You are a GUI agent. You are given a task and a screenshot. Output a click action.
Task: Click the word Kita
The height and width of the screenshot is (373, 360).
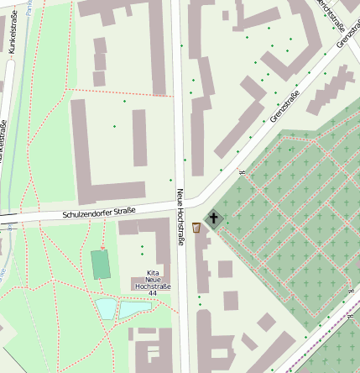click(x=153, y=273)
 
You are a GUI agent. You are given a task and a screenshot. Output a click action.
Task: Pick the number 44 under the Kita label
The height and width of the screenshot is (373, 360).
click(x=152, y=294)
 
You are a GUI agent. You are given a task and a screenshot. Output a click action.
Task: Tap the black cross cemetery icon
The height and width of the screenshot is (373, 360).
click(x=215, y=220)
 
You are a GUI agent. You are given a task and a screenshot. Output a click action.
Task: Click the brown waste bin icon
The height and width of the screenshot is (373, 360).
click(x=196, y=228)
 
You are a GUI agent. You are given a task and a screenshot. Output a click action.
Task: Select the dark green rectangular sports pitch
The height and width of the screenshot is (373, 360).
click(x=102, y=264)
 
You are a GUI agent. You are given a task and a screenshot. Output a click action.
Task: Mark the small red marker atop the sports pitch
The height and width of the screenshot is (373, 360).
click(x=104, y=247)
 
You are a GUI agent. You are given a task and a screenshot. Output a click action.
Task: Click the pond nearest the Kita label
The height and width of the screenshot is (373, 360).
click(x=134, y=309)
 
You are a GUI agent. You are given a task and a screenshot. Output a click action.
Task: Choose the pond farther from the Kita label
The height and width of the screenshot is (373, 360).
click(x=107, y=308)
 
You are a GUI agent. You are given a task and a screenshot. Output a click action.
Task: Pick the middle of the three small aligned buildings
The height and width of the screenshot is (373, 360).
click(x=100, y=61)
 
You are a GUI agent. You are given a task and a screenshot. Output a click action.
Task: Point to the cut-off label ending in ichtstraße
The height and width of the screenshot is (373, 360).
click(x=331, y=9)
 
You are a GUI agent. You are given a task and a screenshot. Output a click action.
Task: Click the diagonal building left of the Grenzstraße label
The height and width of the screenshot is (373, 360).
click(x=243, y=118)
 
